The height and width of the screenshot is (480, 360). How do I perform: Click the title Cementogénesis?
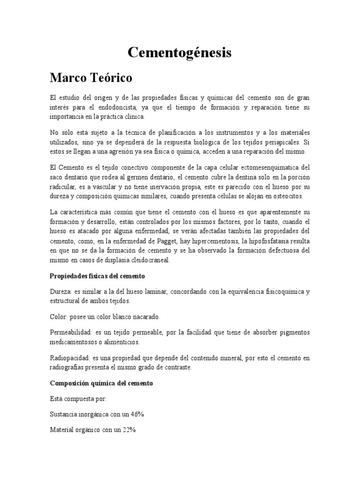pos(180,53)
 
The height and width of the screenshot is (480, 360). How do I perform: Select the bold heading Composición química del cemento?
pos(101,383)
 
